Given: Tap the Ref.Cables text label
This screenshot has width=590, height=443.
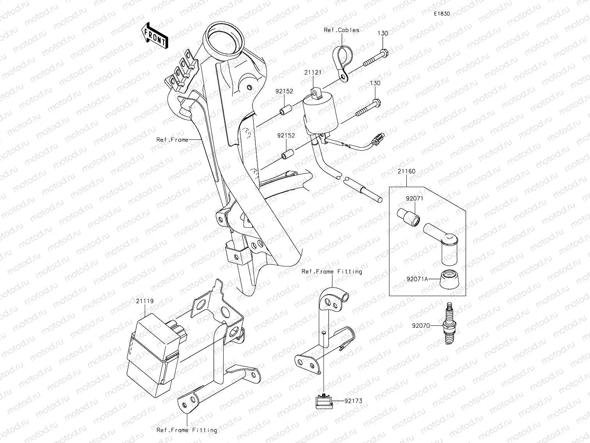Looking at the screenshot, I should coord(341,30).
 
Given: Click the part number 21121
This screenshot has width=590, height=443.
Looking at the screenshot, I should coord(313,73).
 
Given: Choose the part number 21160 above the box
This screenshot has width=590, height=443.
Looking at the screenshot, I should coord(407,171).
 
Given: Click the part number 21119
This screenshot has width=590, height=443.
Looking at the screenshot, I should coord(145,301).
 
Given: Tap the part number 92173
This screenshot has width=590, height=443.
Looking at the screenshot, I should coord(353,401).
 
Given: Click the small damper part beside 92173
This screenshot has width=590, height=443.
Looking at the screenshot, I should coord(323,401).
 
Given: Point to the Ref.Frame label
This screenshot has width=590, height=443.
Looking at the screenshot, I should coord(172,139).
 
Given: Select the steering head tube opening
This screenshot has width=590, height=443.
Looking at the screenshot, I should coord(222,38).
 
